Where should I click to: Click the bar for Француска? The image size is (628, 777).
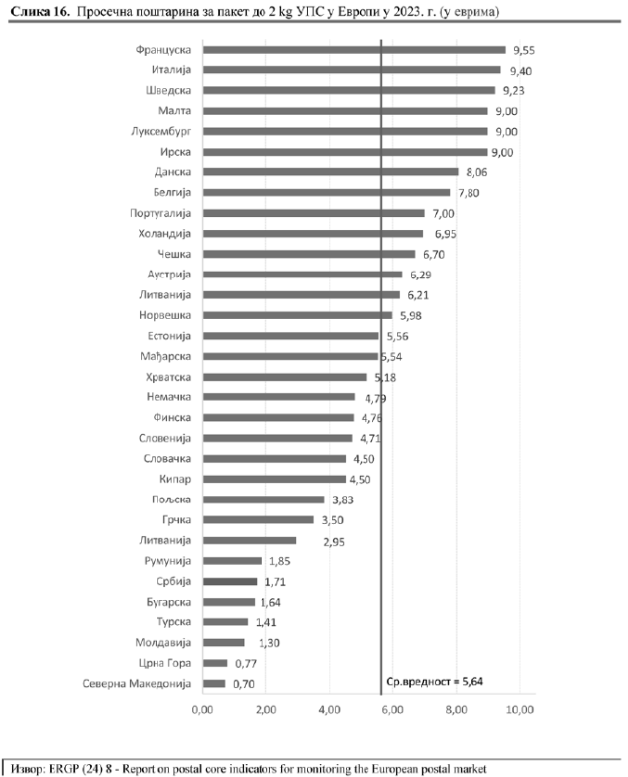pos(354,49)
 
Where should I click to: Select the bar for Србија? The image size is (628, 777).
pos(229,582)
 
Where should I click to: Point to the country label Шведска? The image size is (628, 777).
pos(166,90)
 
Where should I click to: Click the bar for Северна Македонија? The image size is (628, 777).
pos(214,684)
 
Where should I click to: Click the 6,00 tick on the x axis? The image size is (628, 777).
pos(393,710)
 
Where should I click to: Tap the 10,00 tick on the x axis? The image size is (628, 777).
pos(520,710)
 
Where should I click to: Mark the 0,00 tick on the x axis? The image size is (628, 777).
pos(202,710)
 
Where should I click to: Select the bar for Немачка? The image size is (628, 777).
pos(278,397)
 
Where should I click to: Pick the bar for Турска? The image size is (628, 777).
pos(225,622)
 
